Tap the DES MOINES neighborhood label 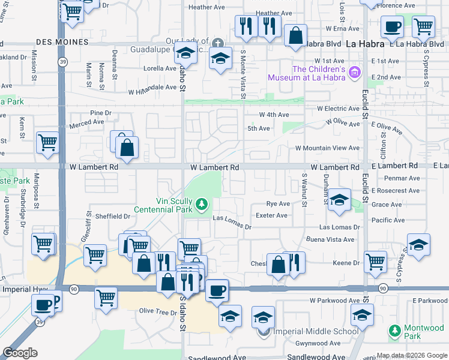[62, 42]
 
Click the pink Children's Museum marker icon [355, 73]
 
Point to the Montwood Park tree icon [394, 331]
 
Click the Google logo [20, 353]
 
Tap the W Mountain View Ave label [327, 148]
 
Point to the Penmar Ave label [405, 178]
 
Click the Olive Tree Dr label [157, 311]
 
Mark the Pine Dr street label [101, 113]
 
